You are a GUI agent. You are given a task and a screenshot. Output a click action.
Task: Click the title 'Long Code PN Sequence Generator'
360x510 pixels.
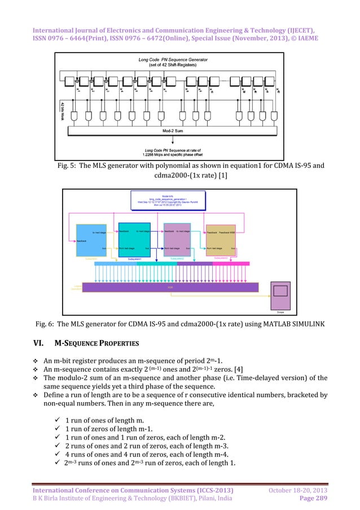click(x=180, y=59)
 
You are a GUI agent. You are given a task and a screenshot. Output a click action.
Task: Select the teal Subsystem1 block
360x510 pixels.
click(x=135, y=239)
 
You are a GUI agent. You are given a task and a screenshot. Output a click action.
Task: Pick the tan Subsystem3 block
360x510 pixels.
click(x=221, y=239)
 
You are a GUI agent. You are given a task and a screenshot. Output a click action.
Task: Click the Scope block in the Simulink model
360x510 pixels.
click(x=280, y=295)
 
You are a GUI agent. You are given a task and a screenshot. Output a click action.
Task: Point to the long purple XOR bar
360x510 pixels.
click(x=170, y=287)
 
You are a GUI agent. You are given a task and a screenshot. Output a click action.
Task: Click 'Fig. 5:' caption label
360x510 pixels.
click(x=69, y=167)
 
